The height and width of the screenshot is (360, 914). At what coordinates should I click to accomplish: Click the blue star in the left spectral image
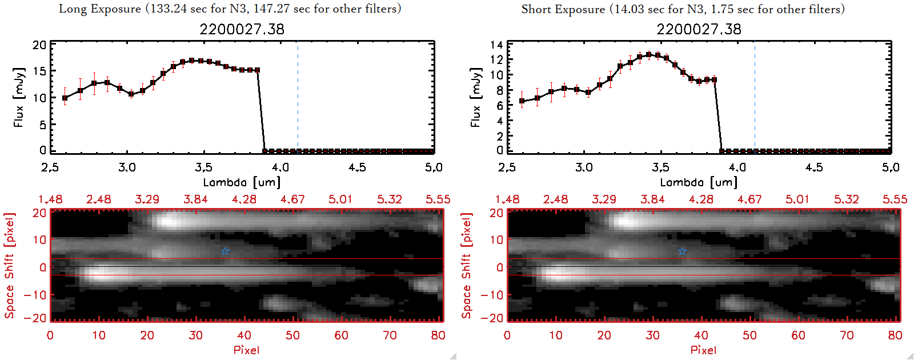[225, 251]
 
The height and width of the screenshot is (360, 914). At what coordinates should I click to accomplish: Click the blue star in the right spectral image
[682, 251]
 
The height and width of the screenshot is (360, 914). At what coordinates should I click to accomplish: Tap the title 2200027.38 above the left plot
[242, 29]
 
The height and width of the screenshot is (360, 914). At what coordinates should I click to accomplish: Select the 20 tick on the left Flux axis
[39, 45]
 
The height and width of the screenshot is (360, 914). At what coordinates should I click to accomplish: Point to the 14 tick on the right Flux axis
[496, 45]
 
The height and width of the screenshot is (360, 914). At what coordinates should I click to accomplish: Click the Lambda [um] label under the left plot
[242, 182]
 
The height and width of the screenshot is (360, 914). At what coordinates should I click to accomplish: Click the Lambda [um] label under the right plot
[699, 182]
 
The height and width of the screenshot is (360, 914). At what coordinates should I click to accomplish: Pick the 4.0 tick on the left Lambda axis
[280, 167]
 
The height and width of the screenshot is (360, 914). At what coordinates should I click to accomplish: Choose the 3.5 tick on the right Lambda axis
[660, 167]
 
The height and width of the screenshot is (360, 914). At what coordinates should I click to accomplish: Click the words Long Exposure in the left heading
[100, 9]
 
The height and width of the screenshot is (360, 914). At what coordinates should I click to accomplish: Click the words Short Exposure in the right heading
[563, 10]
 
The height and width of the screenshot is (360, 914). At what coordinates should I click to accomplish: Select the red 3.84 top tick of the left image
[195, 199]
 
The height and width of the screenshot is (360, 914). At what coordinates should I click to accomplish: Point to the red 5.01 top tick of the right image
[797, 199]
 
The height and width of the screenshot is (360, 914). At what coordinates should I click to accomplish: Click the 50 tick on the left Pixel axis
[292, 335]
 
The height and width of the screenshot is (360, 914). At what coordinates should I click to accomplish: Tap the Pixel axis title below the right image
[703, 350]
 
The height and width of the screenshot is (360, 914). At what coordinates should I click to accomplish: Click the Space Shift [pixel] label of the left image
[10, 266]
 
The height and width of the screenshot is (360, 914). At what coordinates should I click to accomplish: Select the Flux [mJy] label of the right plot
[475, 97]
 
